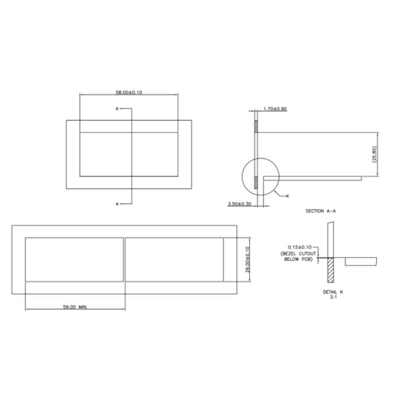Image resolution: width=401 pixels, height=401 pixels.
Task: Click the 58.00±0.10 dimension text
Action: click(128, 92)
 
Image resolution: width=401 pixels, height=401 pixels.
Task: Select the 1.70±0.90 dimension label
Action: click(275, 109)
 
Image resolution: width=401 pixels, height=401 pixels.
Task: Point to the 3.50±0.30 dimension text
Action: click(240, 203)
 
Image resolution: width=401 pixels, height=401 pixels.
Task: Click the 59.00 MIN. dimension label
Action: click(74, 307)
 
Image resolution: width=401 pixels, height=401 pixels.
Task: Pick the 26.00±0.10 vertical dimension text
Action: click(247, 259)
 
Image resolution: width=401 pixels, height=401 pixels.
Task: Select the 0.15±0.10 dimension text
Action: click(299, 246)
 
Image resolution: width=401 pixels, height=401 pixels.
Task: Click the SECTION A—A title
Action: click(321, 211)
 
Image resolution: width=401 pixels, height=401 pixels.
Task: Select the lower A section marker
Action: click(117, 203)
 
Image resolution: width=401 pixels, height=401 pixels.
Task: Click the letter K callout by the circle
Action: click(287, 196)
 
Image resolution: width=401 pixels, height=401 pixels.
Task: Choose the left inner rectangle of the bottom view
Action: click(74, 259)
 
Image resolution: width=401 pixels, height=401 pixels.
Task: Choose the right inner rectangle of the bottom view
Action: click(174, 259)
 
